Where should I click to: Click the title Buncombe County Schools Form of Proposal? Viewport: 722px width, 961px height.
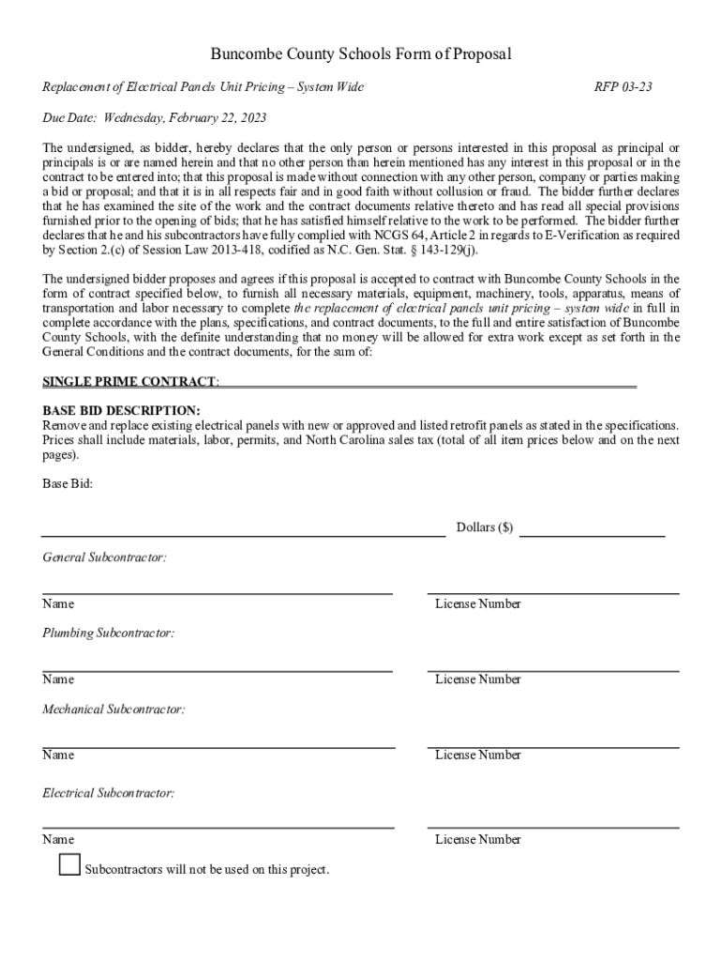[361, 54]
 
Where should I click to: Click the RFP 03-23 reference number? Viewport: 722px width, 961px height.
[624, 87]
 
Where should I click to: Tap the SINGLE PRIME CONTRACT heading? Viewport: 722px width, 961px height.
[131, 382]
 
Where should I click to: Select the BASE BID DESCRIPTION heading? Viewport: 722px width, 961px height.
[121, 411]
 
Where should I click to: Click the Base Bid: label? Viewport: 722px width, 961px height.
[68, 484]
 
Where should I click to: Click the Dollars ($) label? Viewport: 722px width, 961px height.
[485, 527]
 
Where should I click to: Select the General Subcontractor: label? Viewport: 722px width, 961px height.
[105, 557]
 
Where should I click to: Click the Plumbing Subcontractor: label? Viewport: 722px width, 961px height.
[109, 633]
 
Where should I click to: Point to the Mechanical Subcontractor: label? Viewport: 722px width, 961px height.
[113, 709]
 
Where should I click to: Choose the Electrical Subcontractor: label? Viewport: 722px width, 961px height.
[109, 793]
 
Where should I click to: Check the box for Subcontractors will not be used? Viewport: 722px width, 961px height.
[69, 865]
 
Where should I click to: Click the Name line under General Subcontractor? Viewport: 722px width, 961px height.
[218, 591]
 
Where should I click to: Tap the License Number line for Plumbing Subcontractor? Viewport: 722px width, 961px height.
[553, 669]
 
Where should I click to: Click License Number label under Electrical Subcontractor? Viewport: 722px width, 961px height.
[478, 840]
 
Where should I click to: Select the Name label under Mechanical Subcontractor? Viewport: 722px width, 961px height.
[58, 755]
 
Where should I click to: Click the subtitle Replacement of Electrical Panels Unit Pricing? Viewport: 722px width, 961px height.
[203, 87]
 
